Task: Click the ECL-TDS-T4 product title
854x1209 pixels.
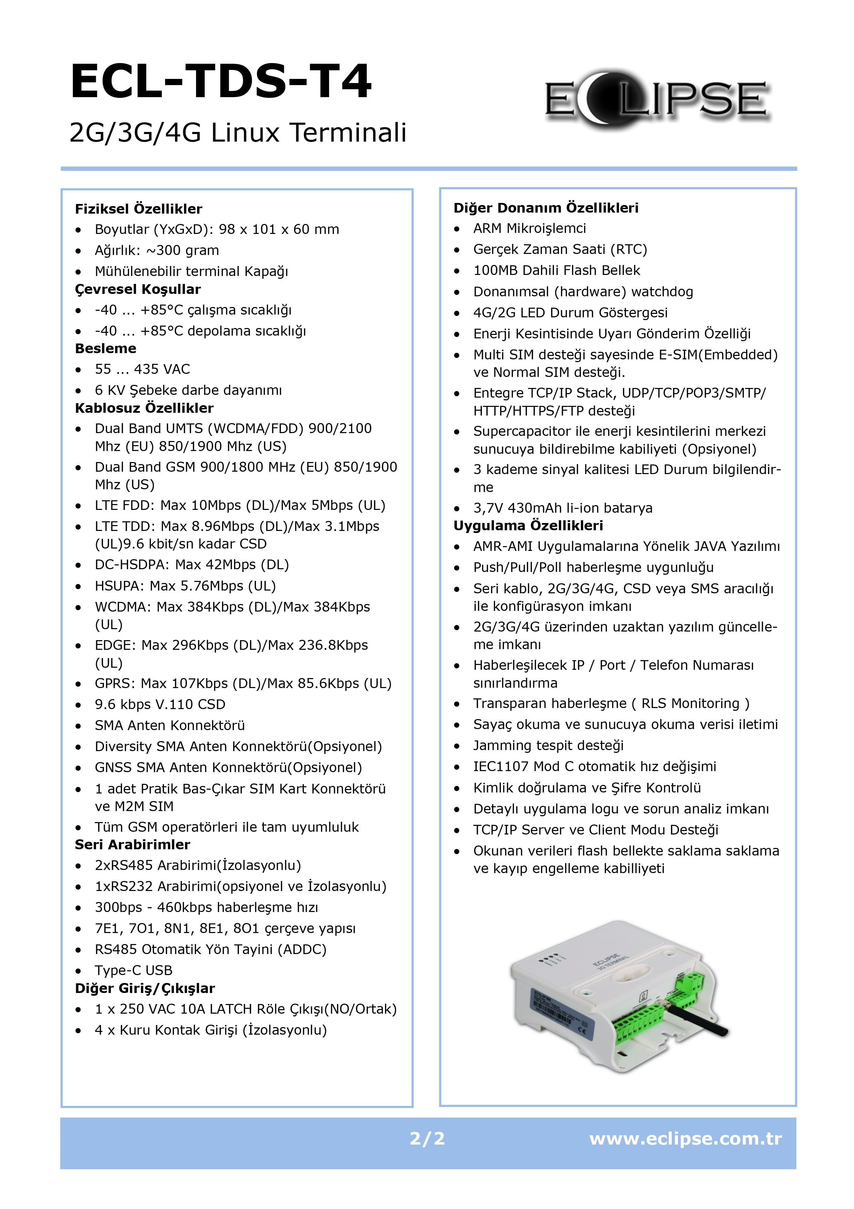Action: point(221,82)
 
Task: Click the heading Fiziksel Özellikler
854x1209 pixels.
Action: point(138,209)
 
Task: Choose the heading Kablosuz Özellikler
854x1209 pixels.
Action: point(144,408)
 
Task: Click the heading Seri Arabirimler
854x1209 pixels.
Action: point(133,844)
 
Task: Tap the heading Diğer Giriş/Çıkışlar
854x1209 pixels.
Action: point(145,988)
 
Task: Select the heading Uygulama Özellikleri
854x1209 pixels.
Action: point(528,525)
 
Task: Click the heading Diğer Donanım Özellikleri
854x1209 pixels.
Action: point(546,208)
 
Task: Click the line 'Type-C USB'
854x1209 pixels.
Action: point(134,971)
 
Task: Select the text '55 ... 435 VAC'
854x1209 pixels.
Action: point(142,369)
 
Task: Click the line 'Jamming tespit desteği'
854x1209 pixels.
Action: point(548,746)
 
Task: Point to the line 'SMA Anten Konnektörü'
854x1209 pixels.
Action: point(169,726)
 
